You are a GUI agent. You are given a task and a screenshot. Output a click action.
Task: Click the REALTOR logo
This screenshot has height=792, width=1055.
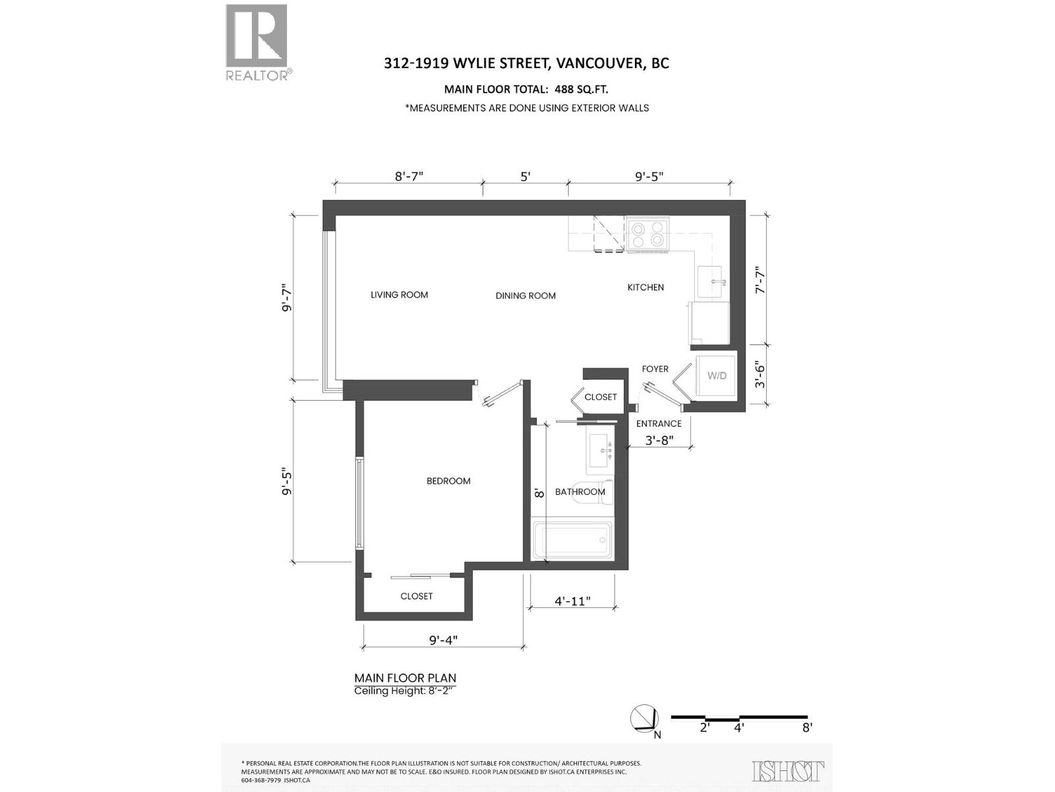click(x=257, y=42)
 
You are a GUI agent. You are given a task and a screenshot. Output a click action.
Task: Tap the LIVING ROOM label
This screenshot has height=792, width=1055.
click(x=399, y=295)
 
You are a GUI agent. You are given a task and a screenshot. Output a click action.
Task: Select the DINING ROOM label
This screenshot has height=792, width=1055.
click(x=526, y=296)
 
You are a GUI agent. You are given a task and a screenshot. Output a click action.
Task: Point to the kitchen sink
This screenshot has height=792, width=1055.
click(x=711, y=282)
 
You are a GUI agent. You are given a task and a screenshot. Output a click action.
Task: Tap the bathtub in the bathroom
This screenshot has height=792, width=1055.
click(x=572, y=541)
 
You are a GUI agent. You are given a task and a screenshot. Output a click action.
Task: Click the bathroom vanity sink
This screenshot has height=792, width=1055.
click(x=601, y=451)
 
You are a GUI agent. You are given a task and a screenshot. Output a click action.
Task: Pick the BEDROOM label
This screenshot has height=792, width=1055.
click(x=448, y=481)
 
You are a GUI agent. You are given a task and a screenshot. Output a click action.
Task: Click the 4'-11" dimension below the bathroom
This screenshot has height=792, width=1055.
click(x=572, y=601)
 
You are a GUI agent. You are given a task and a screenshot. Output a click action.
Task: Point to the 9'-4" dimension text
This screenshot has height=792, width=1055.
click(x=443, y=640)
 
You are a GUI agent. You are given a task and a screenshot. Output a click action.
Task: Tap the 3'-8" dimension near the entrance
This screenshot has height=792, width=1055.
click(x=659, y=440)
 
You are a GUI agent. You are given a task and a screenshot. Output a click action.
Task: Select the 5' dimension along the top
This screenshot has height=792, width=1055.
click(x=526, y=177)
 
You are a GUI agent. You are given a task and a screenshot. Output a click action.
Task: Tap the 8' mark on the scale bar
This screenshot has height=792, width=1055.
click(x=807, y=728)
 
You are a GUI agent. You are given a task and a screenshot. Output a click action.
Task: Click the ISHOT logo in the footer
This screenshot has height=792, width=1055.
click(x=788, y=771)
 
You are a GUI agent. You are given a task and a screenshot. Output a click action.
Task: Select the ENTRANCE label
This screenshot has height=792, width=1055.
click(x=659, y=424)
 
